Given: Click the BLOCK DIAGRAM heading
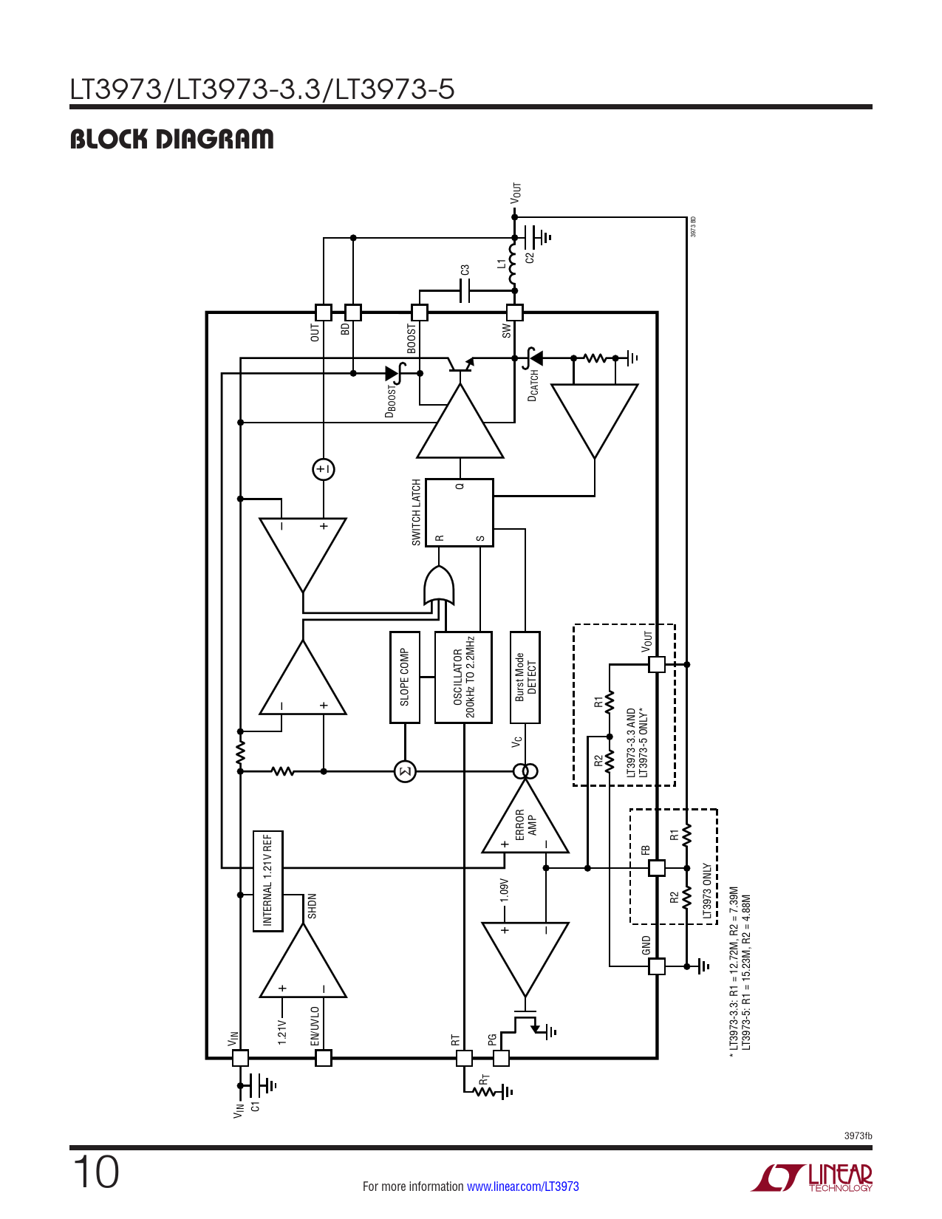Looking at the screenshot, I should (171, 139).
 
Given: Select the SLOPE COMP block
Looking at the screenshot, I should (404, 677).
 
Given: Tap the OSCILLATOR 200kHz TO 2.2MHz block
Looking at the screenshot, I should (463, 677).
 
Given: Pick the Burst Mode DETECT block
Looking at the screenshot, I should (525, 677).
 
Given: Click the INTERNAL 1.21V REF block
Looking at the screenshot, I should (267, 881).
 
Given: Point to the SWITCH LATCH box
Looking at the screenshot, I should (460, 513).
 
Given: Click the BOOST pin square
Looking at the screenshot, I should (419, 313).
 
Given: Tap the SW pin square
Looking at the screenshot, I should (514, 313).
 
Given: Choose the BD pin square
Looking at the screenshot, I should (353, 313).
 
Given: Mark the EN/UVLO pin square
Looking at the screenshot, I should (324, 1058).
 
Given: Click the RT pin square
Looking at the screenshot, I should (464, 1058).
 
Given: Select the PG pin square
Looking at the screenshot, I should (501, 1058).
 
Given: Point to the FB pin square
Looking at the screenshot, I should (656, 868).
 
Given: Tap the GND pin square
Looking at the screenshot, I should (656, 966).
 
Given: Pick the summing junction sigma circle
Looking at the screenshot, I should (405, 772).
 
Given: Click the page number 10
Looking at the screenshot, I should (95, 1172).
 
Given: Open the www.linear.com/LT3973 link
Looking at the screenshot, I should (523, 1186).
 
